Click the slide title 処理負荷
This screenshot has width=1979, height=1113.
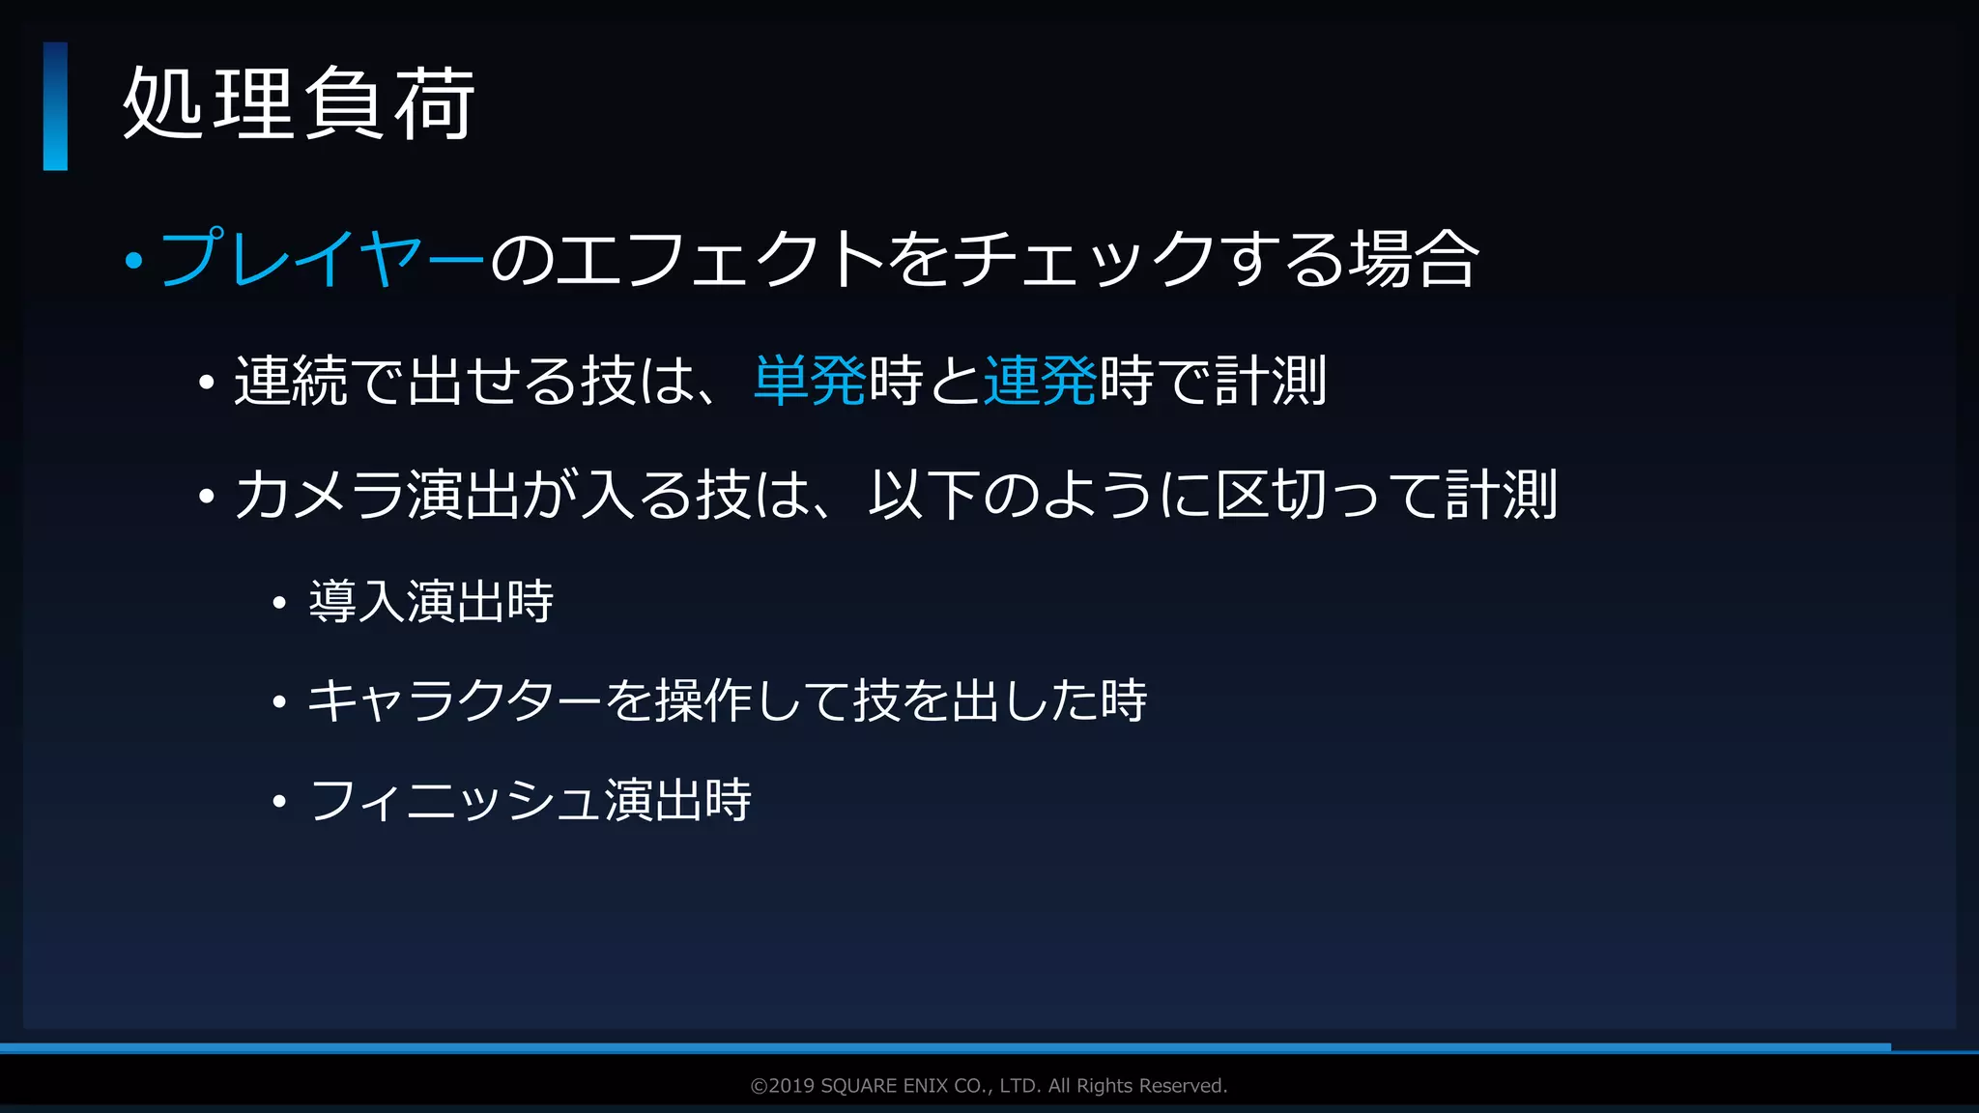click(298, 104)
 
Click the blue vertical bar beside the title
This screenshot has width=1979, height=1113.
click(55, 106)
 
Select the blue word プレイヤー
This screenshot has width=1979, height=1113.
click(322, 259)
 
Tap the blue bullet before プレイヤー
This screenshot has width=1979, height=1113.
click(134, 260)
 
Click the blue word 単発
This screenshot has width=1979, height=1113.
click(810, 381)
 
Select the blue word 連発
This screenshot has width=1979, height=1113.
click(1040, 381)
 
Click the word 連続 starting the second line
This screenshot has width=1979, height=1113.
click(291, 381)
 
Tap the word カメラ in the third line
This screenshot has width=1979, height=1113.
click(319, 495)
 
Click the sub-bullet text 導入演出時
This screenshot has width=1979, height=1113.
click(431, 601)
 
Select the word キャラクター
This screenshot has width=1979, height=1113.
click(454, 700)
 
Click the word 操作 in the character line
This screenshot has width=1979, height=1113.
click(704, 700)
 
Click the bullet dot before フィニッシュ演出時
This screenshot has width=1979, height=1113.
click(279, 801)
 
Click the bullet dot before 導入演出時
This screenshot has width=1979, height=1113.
click(279, 603)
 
